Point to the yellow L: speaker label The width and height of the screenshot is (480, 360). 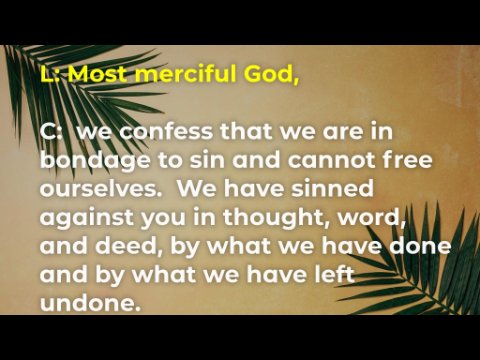52,74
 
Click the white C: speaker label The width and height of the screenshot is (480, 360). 51,131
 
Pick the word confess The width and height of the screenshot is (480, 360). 166,131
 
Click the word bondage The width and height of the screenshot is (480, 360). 95,162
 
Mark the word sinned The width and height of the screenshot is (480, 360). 332,188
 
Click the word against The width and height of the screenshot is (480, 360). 86,218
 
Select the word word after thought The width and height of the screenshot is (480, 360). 371,218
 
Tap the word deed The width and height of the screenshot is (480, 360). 126,246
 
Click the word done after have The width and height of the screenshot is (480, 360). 420,246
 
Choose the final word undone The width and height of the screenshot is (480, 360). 90,304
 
